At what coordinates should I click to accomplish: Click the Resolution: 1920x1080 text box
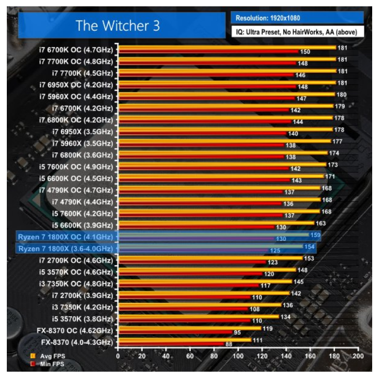[x=297, y=18]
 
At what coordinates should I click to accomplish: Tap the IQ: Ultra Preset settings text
[x=297, y=32]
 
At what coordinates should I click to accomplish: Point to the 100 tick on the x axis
[x=238, y=356]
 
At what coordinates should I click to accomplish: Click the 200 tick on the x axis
[x=359, y=356]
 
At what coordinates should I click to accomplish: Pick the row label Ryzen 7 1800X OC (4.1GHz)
[x=65, y=237]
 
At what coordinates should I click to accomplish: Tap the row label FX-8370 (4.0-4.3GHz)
[x=77, y=342]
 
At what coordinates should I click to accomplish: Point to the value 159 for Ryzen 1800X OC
[x=315, y=234]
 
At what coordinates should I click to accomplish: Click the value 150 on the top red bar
[x=305, y=52]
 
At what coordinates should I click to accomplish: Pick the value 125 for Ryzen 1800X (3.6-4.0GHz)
[x=275, y=251]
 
